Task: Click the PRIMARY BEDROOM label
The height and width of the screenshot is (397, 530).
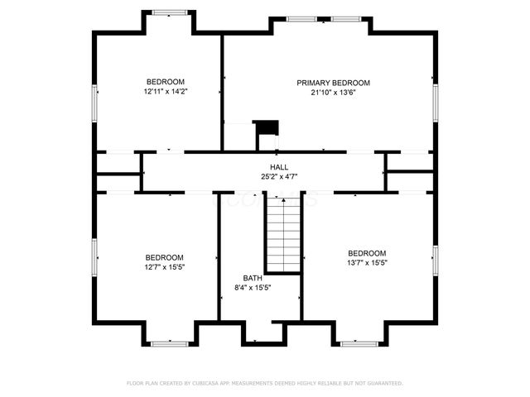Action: point(333,83)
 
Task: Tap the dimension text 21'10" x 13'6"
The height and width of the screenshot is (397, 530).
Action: point(333,93)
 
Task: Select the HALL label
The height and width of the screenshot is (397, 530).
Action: point(267,167)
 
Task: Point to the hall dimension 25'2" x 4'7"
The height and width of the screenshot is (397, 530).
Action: point(267,177)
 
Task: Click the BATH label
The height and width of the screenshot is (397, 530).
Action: point(252,278)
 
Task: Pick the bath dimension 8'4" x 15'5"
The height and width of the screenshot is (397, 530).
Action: point(253,288)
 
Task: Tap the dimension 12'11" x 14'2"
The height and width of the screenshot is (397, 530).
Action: point(165,91)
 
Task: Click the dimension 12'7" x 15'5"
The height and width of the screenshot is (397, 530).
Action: point(164,267)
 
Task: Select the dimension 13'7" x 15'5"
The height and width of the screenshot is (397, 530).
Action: point(367,262)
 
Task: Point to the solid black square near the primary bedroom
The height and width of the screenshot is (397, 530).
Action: point(267,127)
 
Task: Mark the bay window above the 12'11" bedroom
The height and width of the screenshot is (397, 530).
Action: point(171,12)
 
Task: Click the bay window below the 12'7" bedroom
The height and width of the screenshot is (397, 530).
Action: point(171,342)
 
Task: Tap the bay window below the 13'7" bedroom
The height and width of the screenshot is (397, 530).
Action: point(359,342)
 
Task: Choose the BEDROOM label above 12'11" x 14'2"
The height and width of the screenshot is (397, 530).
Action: point(165,81)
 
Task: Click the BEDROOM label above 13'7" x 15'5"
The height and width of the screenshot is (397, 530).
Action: point(367,253)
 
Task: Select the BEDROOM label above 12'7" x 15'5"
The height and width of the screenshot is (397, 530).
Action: point(164,257)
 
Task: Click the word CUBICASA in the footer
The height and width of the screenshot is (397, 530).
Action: point(214,384)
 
